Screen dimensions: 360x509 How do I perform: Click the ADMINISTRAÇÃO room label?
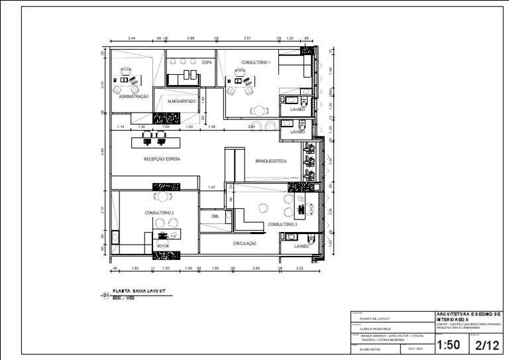point(134,96)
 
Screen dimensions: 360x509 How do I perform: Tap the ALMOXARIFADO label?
point(182,101)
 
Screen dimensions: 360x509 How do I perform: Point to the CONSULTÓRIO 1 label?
point(255,62)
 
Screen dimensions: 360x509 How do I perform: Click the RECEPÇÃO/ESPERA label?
point(162,159)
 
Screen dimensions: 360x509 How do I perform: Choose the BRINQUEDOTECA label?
point(270,161)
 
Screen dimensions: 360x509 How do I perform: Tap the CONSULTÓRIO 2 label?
point(159,213)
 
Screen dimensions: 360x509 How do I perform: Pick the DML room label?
point(215,216)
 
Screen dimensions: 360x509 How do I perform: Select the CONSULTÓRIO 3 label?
point(282,225)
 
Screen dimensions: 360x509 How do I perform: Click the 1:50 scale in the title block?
point(449,345)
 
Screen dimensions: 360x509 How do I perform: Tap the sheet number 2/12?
point(488,345)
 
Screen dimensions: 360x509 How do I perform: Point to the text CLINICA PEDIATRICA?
point(375,329)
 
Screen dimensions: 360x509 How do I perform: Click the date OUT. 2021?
point(416,348)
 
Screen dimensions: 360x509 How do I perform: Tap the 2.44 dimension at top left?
point(132,39)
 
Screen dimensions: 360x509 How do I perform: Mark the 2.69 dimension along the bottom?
point(256,269)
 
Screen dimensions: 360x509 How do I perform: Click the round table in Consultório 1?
point(256,111)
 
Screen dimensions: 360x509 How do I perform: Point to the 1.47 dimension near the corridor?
point(211,188)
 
